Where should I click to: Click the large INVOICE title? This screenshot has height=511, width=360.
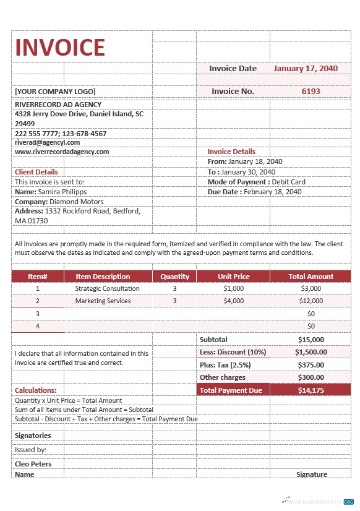click(x=60, y=48)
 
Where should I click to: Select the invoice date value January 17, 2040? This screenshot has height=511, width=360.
click(x=306, y=69)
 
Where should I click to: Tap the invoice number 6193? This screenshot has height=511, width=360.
click(x=311, y=91)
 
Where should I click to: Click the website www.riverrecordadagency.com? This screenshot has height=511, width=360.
click(x=62, y=152)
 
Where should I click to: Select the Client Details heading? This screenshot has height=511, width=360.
click(x=36, y=172)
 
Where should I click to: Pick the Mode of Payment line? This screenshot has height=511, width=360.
click(x=256, y=182)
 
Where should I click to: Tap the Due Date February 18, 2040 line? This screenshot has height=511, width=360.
click(x=254, y=192)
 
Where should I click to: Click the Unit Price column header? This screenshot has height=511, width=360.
click(x=234, y=277)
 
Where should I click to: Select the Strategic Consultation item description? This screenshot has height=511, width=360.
click(x=107, y=288)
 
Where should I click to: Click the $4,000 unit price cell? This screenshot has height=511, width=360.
click(x=234, y=301)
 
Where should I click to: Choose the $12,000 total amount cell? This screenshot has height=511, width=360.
click(x=311, y=301)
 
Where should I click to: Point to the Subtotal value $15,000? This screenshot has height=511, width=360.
click(x=311, y=340)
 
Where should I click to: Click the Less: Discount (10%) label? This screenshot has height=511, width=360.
click(x=233, y=352)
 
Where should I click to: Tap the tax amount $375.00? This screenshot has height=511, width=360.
click(x=311, y=365)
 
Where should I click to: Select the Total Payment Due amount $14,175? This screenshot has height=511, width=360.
click(x=311, y=390)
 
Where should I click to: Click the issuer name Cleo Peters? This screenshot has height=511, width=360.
click(x=33, y=464)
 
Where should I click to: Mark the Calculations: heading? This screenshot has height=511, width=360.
click(x=35, y=390)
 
